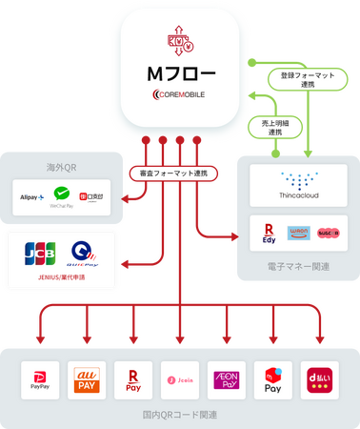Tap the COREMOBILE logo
click(x=179, y=94)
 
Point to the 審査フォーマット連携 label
click(x=173, y=174)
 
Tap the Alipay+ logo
click(x=32, y=197)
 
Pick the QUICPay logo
click(x=83, y=254)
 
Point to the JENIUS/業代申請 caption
click(x=61, y=282)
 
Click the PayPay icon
click(x=41, y=379)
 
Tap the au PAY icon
click(x=87, y=379)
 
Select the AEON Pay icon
click(x=227, y=379)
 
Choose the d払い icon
click(x=320, y=379)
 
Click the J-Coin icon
click(x=180, y=379)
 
